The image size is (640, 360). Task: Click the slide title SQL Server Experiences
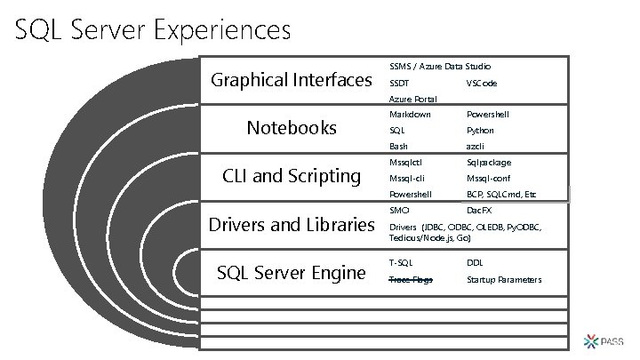(153, 31)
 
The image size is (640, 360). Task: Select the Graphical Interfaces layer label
(291, 81)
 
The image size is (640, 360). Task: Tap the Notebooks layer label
(292, 128)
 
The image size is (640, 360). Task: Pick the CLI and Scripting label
(291, 176)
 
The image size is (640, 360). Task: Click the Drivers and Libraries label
(291, 225)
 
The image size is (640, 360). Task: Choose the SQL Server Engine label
(291, 272)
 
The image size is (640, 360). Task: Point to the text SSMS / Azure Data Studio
(440, 66)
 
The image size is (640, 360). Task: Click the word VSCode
(482, 83)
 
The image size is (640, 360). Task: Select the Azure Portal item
(412, 99)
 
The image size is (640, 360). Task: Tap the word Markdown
(410, 115)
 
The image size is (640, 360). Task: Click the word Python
(480, 131)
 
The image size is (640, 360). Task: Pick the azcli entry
(476, 146)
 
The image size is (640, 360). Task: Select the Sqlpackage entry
(489, 163)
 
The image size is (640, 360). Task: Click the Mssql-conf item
(488, 179)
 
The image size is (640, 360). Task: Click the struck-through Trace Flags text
(411, 280)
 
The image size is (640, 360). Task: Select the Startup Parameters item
(504, 280)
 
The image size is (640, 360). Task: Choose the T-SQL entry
(401, 263)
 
